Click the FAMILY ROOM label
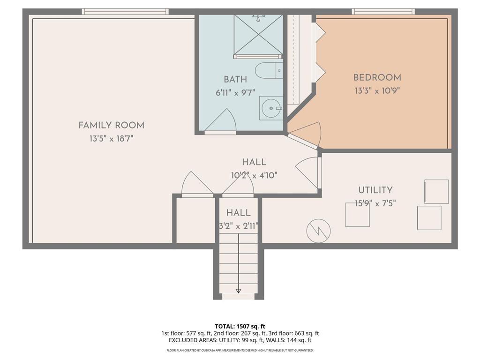[x=111, y=125]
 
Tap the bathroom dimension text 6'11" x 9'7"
[x=235, y=93]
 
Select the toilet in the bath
[x=269, y=70]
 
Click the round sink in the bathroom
[x=271, y=108]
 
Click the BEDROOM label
[x=377, y=78]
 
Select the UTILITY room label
[x=375, y=190]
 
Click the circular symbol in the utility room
[x=318, y=231]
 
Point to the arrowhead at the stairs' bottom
[x=239, y=291]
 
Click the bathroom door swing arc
[x=221, y=121]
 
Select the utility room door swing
[x=308, y=172]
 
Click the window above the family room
[x=125, y=12]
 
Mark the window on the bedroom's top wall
[x=383, y=12]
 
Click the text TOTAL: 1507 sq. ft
[x=240, y=326]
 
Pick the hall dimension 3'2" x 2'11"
[x=239, y=226]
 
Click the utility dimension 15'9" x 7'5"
[x=375, y=203]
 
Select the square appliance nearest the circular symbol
[x=357, y=215]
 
